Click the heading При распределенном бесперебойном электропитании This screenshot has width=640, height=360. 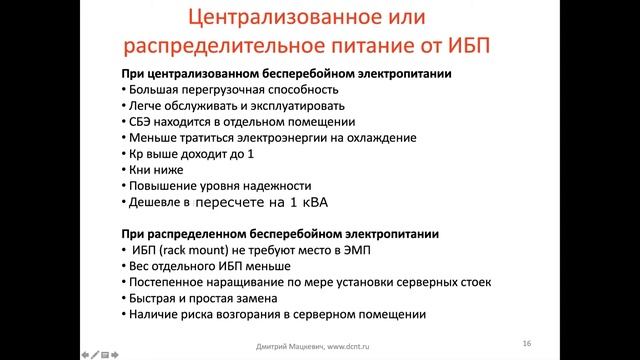tap(281, 234)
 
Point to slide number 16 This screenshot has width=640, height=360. tap(526, 343)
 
